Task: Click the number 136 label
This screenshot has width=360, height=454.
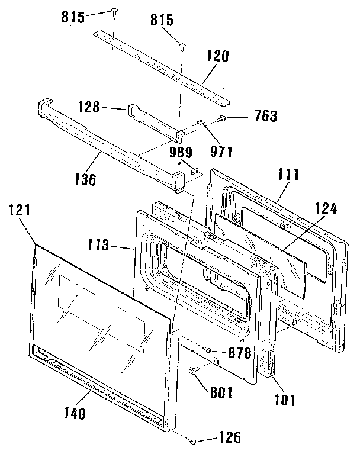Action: tap(86, 178)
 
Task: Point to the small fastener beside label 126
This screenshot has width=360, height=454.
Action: tap(194, 442)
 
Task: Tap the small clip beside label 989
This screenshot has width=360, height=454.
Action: tap(193, 168)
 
